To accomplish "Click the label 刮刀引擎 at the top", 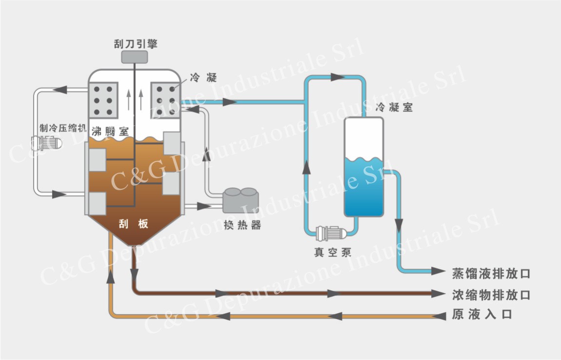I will (x=135, y=44).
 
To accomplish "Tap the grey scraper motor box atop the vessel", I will (x=135, y=58).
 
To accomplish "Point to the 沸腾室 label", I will (x=110, y=130).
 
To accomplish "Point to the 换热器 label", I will (x=242, y=225).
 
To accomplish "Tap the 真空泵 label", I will (x=332, y=253).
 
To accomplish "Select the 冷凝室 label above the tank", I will (x=394, y=107).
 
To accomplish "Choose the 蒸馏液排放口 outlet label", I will (x=491, y=273).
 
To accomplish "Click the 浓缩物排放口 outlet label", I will (x=491, y=295).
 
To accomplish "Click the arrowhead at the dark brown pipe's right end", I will (x=439, y=294).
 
